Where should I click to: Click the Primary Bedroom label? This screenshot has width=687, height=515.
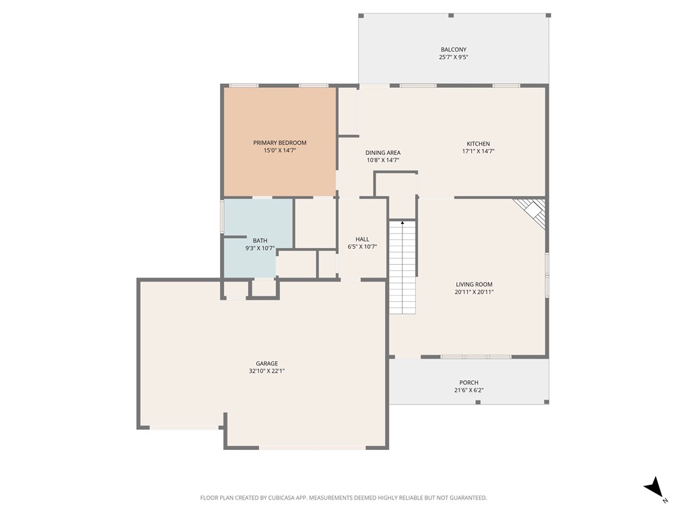[280, 143]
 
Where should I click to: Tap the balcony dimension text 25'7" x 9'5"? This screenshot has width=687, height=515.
[454, 58]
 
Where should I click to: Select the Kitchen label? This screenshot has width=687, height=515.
[478, 144]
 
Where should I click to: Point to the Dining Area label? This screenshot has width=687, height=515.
[383, 153]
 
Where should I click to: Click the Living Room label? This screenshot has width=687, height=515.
[474, 284]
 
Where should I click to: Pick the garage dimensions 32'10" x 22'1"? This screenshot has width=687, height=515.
[266, 371]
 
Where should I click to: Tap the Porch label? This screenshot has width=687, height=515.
[469, 383]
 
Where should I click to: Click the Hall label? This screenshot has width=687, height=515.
[362, 239]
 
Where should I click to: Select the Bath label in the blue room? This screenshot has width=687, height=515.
[260, 241]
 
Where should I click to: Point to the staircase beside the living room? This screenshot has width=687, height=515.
[403, 268]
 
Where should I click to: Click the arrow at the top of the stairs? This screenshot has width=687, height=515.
[403, 222]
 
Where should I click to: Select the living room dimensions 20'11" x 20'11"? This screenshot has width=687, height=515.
[474, 292]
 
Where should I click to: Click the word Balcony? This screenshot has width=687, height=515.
[454, 50]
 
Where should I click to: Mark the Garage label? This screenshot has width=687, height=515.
[266, 363]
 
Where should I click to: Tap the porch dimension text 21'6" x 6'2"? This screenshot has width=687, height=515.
[469, 390]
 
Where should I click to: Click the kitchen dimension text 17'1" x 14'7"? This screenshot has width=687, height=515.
[478, 152]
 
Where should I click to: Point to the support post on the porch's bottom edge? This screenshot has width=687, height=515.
[478, 402]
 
